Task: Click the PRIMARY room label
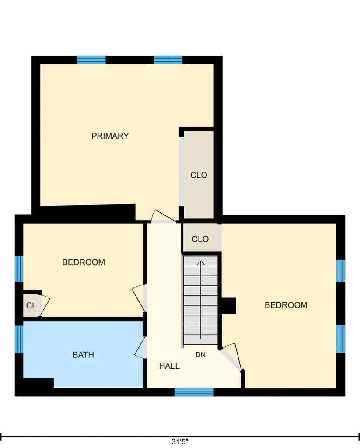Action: click(110, 136)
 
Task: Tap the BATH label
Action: click(83, 355)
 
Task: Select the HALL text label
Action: click(169, 366)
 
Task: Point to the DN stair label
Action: click(201, 354)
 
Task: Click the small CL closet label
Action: click(31, 306)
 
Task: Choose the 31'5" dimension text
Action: click(180, 442)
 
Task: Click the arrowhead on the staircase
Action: click(201, 263)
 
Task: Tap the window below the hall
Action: click(194, 392)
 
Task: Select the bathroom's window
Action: click(19, 339)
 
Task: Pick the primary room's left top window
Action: click(91, 60)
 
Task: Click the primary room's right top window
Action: click(168, 60)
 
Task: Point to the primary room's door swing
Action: click(163, 216)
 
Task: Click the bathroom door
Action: click(140, 347)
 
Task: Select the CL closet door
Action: click(44, 306)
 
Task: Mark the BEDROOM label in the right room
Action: click(286, 305)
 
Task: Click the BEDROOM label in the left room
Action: click(84, 262)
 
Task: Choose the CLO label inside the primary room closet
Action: click(199, 175)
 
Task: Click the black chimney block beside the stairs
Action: click(229, 306)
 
